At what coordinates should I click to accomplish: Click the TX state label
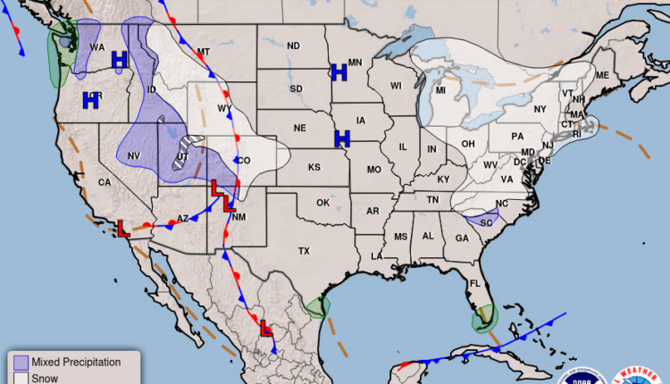click(x=304, y=252)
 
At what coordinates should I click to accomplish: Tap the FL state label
click(x=477, y=285)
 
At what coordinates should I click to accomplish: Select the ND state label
click(x=293, y=46)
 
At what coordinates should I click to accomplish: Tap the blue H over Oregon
click(x=90, y=101)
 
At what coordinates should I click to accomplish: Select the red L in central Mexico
click(x=265, y=329)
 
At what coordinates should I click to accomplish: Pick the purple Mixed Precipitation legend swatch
click(x=21, y=362)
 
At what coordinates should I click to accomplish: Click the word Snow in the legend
click(x=44, y=378)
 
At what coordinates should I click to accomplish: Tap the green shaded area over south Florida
click(x=484, y=317)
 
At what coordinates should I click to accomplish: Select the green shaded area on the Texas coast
click(x=317, y=308)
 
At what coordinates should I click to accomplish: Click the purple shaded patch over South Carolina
click(x=482, y=218)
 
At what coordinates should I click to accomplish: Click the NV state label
click(x=135, y=156)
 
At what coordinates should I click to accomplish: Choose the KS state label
click(x=314, y=168)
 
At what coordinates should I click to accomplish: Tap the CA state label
click(x=104, y=183)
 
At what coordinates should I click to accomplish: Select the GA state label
click(x=462, y=238)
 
